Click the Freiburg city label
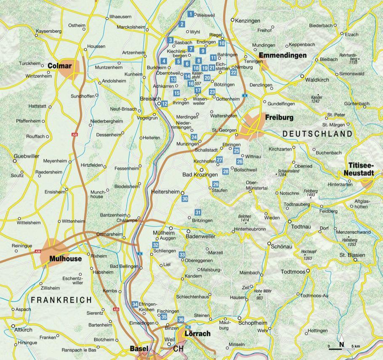click(279, 118)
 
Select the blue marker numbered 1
click(191, 14)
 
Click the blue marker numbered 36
click(181, 320)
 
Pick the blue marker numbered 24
click(194, 137)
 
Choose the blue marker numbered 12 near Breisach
click(165, 104)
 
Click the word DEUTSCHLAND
click(317, 134)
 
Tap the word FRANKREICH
click(61, 300)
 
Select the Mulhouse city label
click(65, 259)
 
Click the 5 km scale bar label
click(357, 346)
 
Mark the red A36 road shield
click(38, 252)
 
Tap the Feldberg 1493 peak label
click(311, 193)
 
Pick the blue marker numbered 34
click(135, 304)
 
